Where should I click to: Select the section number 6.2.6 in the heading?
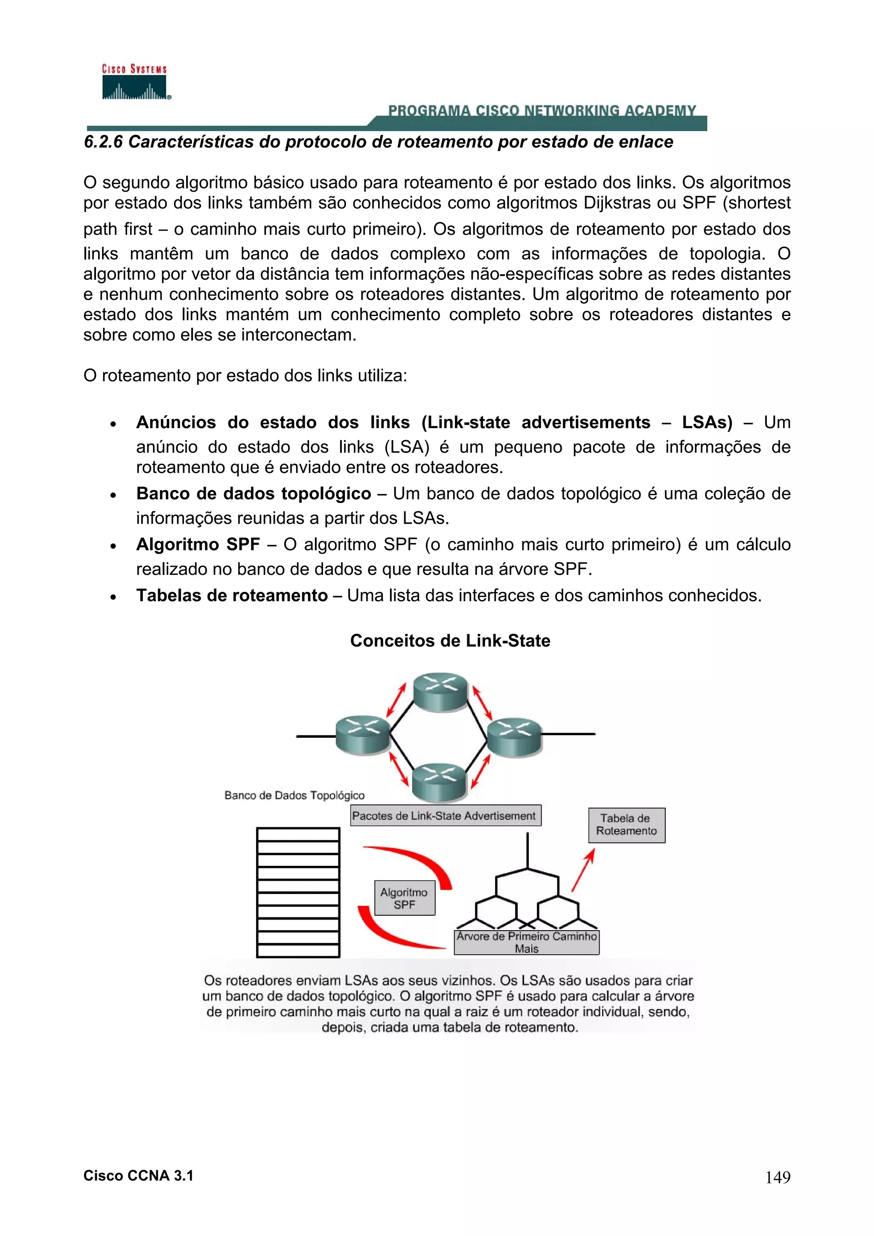point(103,142)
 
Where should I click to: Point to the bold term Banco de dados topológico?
point(253,493)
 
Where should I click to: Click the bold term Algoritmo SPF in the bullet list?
point(198,544)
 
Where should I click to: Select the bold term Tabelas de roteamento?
point(232,595)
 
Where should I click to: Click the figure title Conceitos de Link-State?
point(450,640)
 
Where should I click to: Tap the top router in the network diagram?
point(440,692)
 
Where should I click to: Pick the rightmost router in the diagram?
point(513,737)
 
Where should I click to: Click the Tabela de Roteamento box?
point(626,825)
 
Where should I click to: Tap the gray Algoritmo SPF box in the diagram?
point(405,898)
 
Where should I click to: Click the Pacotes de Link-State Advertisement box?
point(445,815)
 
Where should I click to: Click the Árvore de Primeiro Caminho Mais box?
point(526,942)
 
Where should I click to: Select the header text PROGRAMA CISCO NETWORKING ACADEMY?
point(542,110)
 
